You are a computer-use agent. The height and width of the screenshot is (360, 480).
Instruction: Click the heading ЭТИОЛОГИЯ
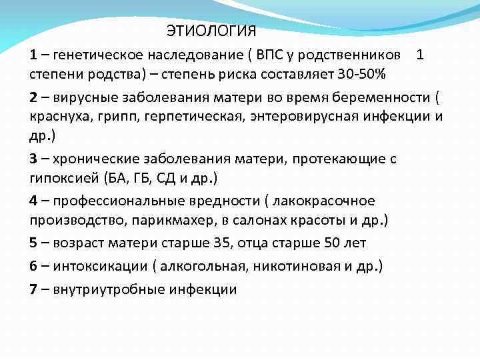click(211, 31)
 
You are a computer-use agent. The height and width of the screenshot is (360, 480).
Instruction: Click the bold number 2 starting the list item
click(33, 98)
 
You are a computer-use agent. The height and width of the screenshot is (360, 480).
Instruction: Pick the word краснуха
click(57, 117)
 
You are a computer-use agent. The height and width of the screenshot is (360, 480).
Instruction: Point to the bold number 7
click(33, 289)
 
